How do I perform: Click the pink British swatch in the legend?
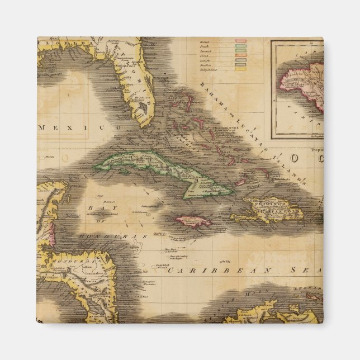241,42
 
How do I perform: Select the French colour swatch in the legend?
241,48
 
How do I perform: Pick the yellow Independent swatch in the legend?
241,70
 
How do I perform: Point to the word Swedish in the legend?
207,65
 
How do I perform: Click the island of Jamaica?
194,221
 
